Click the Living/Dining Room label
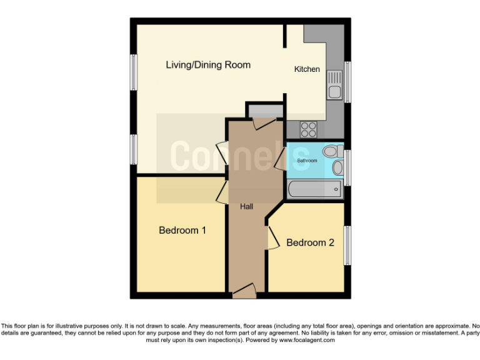(207, 65)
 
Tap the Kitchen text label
(307, 69)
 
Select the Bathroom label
(307, 161)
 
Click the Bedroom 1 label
(182, 231)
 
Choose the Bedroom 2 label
(310, 242)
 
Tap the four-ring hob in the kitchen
(309, 129)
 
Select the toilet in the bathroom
(335, 151)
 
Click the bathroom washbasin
(337, 167)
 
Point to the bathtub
(314, 189)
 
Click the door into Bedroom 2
(272, 237)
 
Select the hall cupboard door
(263, 122)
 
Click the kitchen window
(347, 81)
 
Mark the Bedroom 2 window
(347, 246)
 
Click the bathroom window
(347, 167)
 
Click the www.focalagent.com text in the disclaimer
(307, 341)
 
